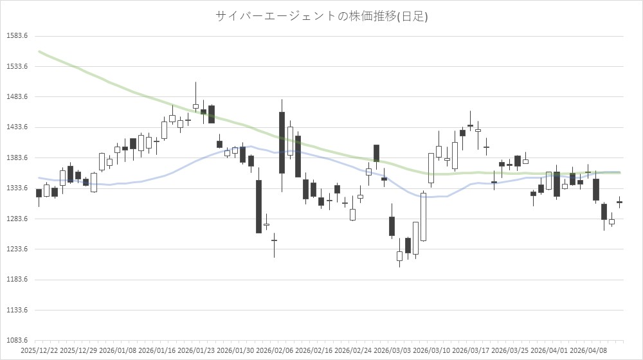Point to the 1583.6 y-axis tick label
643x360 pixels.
pos(16,36)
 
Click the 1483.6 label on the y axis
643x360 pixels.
pos(16,97)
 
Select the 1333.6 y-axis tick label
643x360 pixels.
pos(16,188)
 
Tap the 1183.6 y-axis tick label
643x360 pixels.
pos(16,280)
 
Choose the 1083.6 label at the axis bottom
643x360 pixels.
pos(16,341)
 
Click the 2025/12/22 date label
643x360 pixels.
pos(40,351)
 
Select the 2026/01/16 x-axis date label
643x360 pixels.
pos(157,351)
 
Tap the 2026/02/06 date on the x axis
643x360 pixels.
pos(275,351)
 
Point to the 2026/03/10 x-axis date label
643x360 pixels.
pos(431,351)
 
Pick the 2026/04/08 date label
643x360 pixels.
pos(588,351)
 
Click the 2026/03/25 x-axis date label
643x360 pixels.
pos(510,351)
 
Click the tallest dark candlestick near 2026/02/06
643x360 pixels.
pos(282,143)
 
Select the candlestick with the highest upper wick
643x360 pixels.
pos(195,106)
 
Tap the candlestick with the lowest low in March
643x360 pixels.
pos(399,256)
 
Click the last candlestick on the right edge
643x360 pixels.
pos(619,202)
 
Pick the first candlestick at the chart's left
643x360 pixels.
pos(39,193)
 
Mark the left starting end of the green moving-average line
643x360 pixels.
pos(39,51)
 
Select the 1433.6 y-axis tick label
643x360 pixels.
pos(16,127)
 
